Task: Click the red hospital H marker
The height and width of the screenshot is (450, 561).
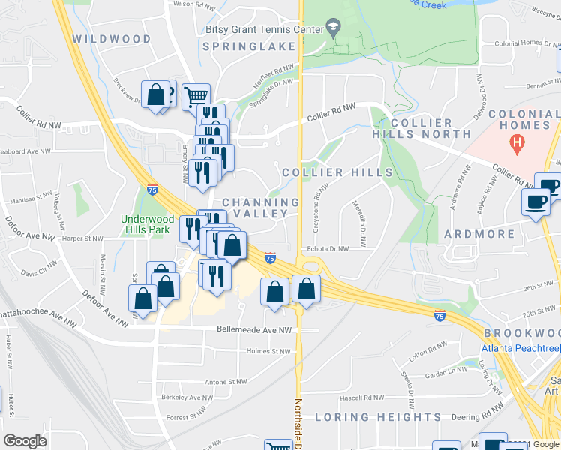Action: click(516, 141)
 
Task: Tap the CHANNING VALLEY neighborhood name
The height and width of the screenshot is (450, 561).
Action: click(256, 208)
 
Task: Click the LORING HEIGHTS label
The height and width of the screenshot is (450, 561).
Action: click(378, 417)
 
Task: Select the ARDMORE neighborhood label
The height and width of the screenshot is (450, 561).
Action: click(479, 234)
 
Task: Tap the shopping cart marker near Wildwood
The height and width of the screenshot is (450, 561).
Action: click(195, 96)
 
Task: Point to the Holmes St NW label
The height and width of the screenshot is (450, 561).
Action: click(268, 351)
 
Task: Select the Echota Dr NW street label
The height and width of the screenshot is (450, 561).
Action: click(327, 249)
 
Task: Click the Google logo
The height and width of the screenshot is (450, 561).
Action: click(25, 440)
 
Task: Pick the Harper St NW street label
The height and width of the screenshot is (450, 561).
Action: click(82, 238)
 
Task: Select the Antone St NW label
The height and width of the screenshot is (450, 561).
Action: click(226, 382)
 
